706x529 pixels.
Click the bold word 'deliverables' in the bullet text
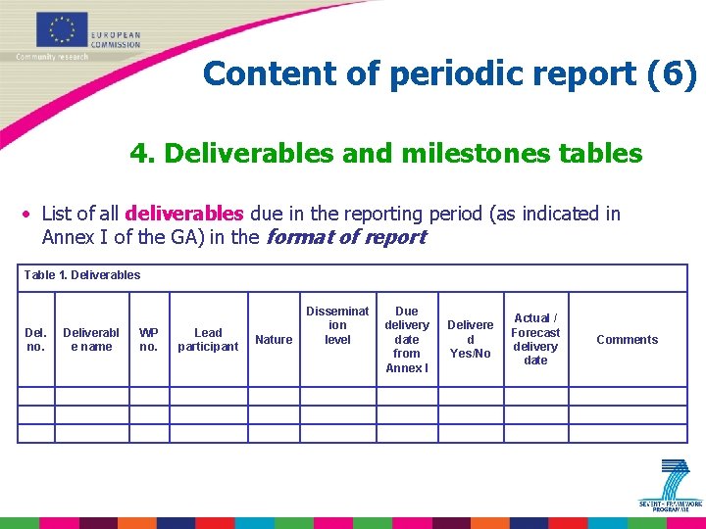[x=184, y=214]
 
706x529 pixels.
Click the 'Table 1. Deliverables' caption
[x=82, y=275]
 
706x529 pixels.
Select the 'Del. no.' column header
[x=35, y=339]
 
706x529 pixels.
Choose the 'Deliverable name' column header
[x=91, y=339]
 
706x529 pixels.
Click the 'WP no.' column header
[x=149, y=339]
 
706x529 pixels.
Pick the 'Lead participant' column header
[x=208, y=339]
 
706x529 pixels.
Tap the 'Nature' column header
[x=274, y=340]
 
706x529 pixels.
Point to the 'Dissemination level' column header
[x=337, y=325]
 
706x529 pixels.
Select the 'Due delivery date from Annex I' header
[x=407, y=339]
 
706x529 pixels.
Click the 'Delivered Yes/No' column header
[x=471, y=339]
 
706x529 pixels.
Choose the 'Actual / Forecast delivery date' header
[x=535, y=339]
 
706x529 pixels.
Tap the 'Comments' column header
[x=628, y=340]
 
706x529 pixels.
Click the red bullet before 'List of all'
[x=29, y=215]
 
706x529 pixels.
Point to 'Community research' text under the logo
[x=52, y=57]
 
